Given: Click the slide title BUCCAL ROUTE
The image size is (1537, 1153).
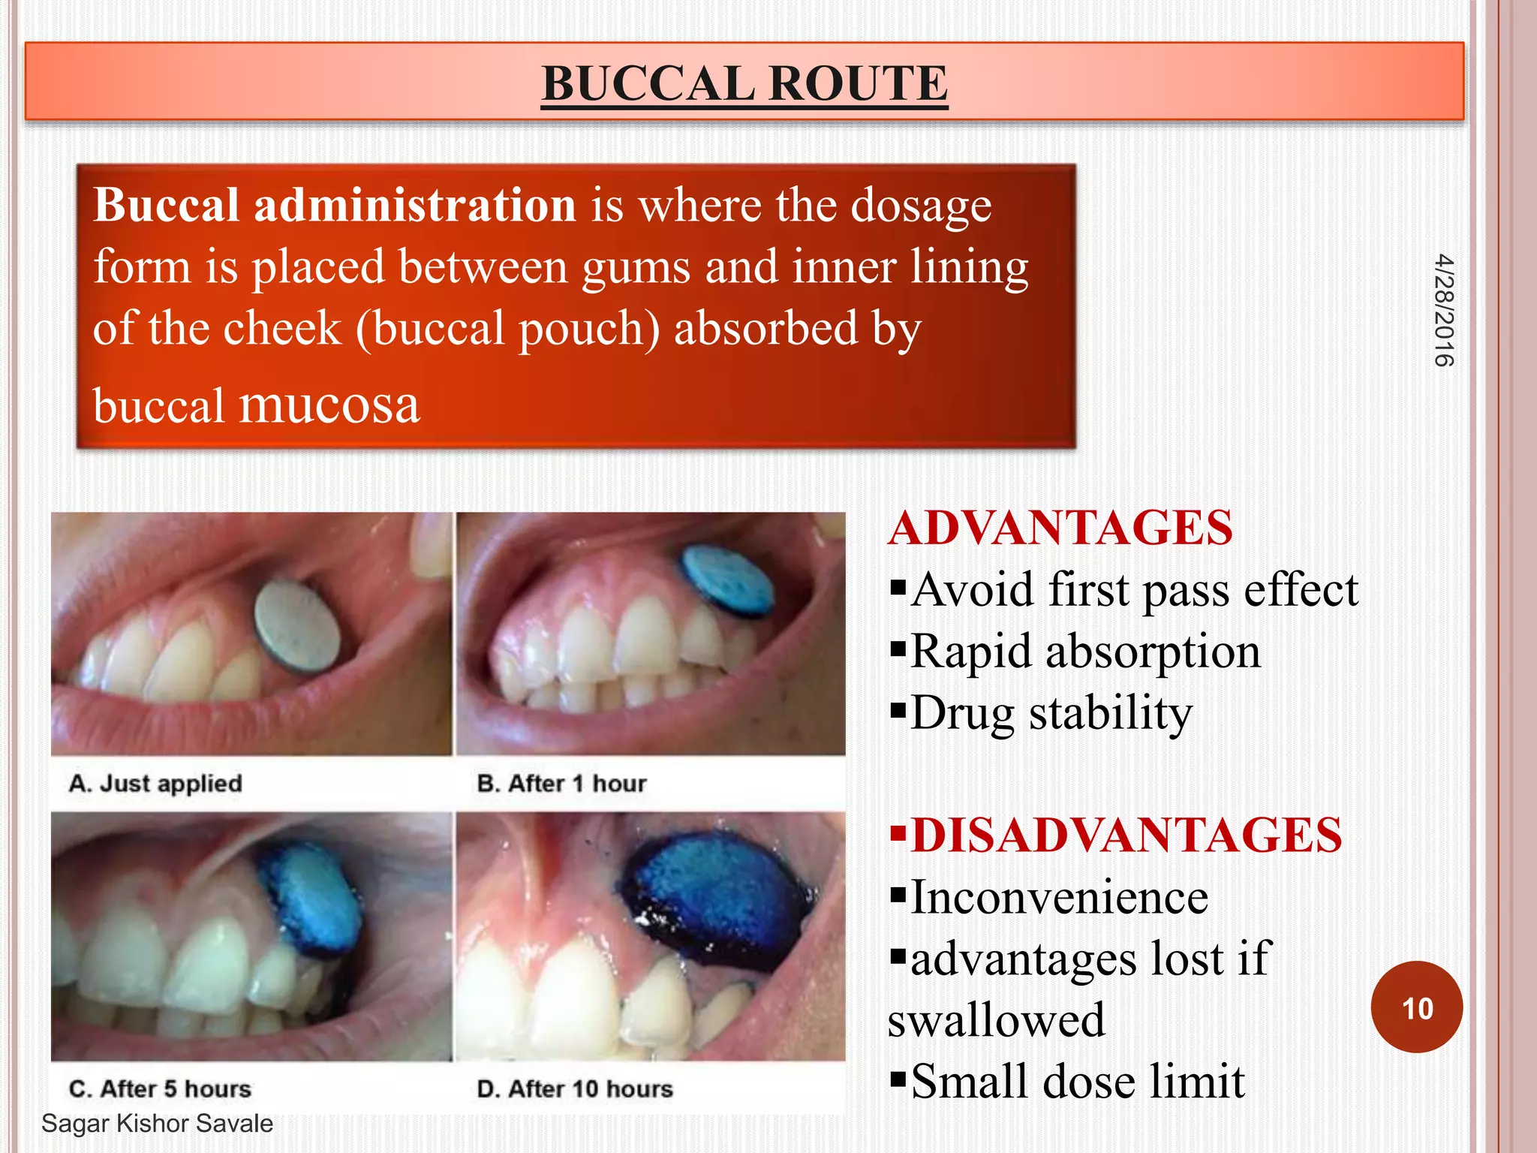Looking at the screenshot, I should pos(744,83).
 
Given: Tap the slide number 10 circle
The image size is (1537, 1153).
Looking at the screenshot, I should pos(1416,1007).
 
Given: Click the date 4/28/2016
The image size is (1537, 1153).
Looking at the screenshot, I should pos(1443,311).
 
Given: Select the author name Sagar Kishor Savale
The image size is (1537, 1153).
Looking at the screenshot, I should pos(157,1124).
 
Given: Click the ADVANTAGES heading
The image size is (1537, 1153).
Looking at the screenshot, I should pos(1060,528).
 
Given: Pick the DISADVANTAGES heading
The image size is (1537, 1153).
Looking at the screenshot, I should pos(1126,835).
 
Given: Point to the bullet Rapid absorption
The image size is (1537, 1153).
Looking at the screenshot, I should pos(1084,651).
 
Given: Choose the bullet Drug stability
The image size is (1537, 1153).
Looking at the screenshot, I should pos(1051,712).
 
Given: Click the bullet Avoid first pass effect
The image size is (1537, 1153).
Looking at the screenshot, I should pos(1133,589).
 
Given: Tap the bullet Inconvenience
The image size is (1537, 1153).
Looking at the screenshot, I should pos(1058,897).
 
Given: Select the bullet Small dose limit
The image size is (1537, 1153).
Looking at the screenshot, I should pos(1077,1081).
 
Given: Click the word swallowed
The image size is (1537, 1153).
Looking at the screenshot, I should pos(996,1020).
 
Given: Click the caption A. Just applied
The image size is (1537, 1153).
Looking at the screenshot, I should pos(155,784).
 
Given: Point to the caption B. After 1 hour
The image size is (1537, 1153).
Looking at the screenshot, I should pos(561,784).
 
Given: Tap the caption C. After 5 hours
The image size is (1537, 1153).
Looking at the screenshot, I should pos(160,1089).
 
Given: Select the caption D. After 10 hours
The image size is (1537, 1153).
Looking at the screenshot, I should pos(575,1089).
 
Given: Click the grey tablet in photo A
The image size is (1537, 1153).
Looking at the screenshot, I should pos(297,627).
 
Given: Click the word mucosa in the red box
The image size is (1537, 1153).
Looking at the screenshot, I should pos(329,405).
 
